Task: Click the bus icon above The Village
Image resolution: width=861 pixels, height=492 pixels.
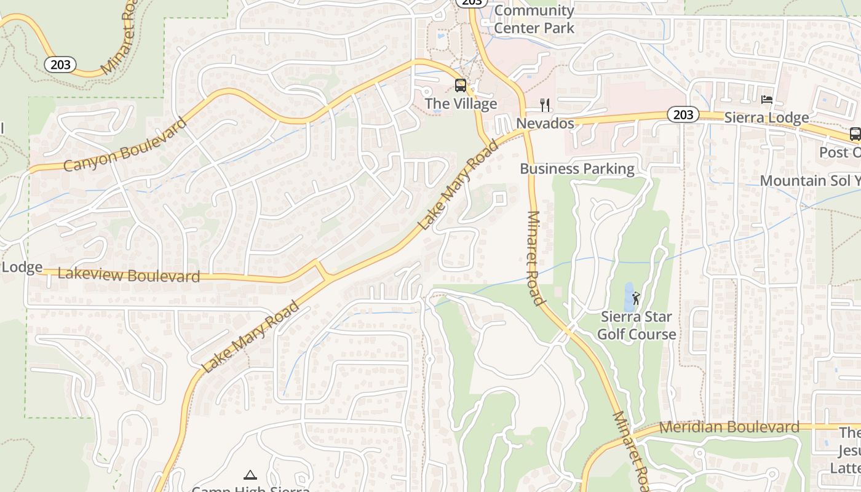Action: (461, 85)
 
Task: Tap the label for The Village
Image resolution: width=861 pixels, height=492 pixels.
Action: (461, 104)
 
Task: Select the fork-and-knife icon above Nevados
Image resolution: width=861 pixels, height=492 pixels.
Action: (544, 105)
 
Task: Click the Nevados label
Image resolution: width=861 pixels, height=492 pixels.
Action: (545, 124)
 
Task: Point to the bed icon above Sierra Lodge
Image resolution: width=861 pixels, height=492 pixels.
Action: (766, 99)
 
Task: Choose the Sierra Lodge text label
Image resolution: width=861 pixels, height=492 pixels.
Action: (766, 117)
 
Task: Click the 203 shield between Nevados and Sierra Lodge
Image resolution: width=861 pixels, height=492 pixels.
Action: (683, 114)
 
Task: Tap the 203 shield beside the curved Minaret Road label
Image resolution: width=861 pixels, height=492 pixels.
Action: (60, 64)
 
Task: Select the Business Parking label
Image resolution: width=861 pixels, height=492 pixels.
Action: (577, 169)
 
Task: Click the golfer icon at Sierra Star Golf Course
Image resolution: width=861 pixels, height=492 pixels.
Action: (636, 299)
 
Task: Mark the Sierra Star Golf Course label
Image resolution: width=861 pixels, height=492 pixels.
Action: (637, 326)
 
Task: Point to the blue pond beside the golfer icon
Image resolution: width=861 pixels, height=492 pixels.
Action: (628, 298)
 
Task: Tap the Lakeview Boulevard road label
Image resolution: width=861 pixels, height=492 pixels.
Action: (129, 275)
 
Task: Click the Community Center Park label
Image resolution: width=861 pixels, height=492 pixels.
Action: (534, 19)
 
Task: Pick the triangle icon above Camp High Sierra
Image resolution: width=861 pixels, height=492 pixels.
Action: (250, 475)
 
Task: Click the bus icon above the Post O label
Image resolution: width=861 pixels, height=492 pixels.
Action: (855, 133)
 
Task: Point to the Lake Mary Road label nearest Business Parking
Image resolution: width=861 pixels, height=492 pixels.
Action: (458, 185)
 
